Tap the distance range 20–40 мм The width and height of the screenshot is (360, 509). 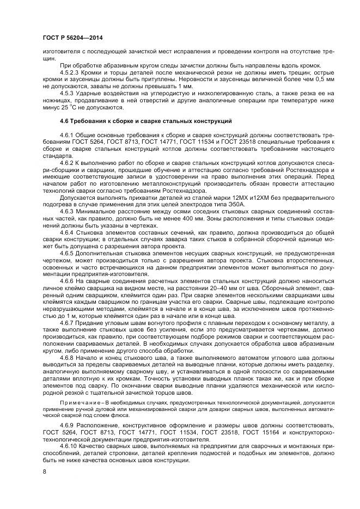[x=212, y=289]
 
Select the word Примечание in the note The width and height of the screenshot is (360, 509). [x=80, y=401]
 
